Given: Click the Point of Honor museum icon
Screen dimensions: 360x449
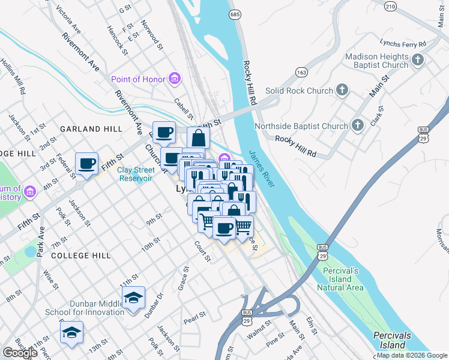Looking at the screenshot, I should [174, 79].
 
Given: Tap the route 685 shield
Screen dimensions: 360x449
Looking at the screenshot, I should [235, 13].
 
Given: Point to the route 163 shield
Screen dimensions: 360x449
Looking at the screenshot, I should [301, 72].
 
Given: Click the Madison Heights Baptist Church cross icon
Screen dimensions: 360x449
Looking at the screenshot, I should [418, 61].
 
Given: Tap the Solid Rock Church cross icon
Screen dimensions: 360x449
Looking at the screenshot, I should [342, 91].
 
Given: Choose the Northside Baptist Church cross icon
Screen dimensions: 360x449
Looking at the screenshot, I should [358, 126].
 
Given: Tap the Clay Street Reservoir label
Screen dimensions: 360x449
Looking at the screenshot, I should [140, 173].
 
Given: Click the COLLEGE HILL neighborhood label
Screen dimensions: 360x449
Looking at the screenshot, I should [80, 255].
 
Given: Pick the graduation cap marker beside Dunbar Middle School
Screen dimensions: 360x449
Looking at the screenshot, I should [133, 297].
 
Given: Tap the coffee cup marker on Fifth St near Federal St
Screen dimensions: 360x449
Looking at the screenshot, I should [86, 164].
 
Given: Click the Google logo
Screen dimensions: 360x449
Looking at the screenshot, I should [20, 352].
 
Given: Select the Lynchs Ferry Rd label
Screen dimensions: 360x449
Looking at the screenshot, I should [402, 44].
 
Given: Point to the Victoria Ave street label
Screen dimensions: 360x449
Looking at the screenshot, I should [68, 20].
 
